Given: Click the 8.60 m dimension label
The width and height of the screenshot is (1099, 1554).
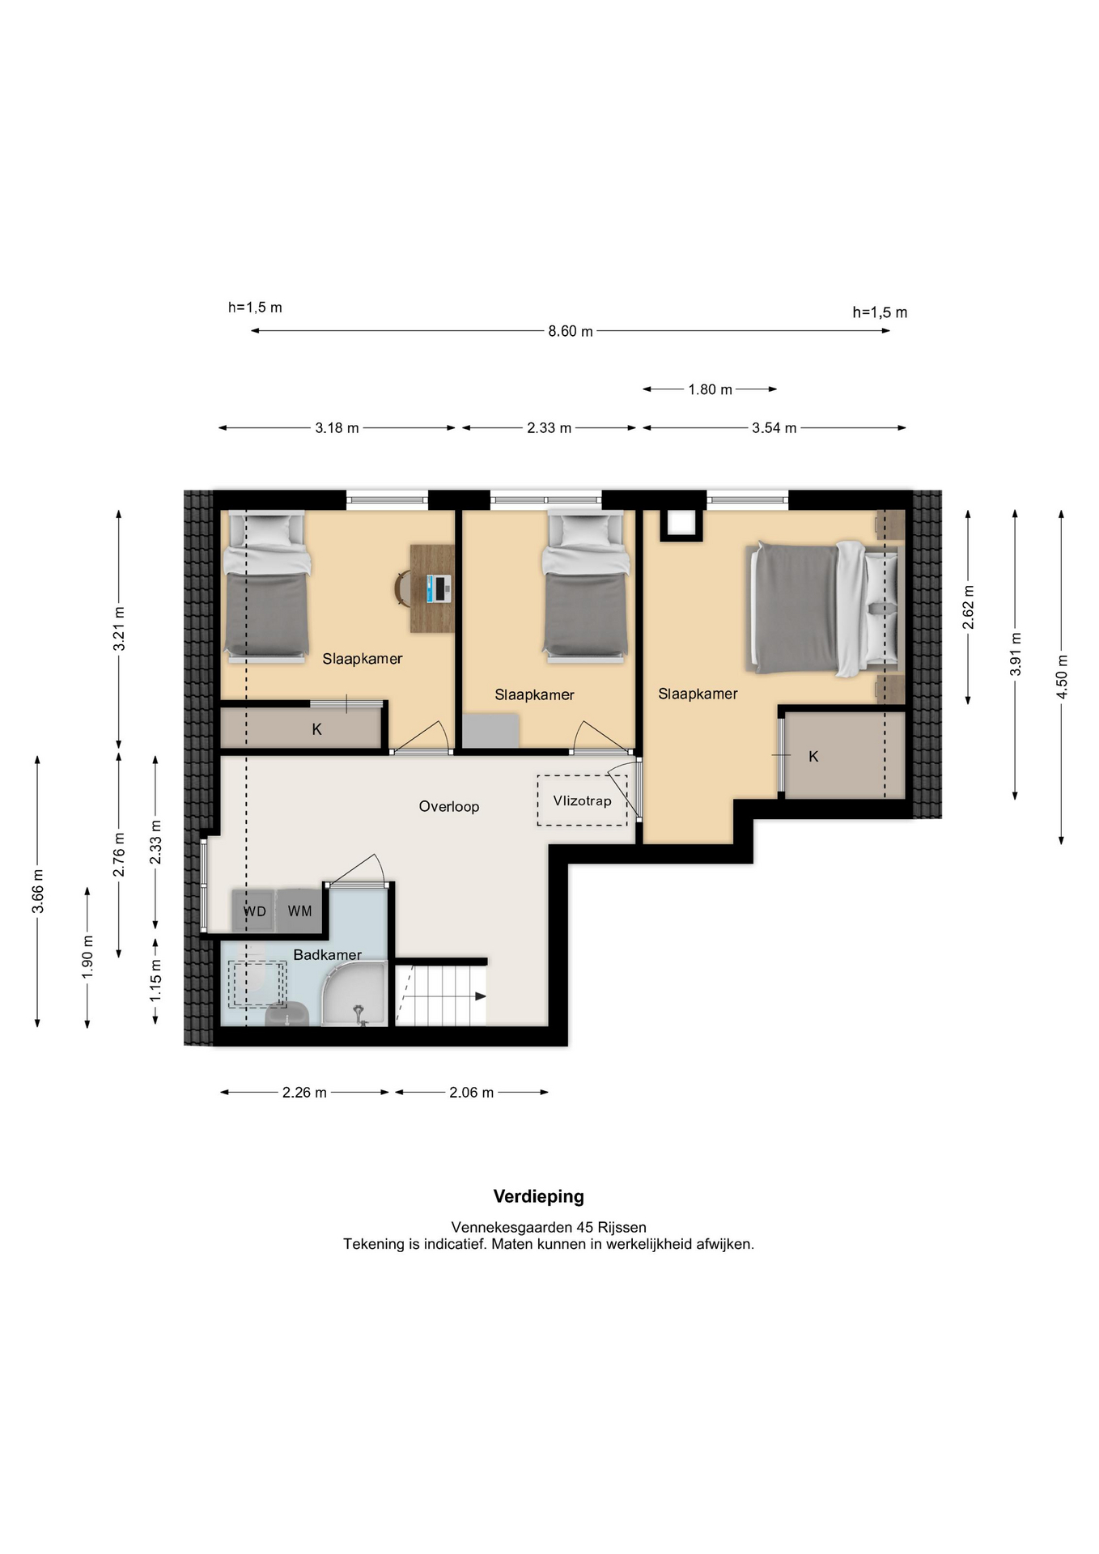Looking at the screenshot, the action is pyautogui.click(x=571, y=331).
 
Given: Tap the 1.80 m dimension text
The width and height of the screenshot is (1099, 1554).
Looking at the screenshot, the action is pyautogui.click(x=710, y=389).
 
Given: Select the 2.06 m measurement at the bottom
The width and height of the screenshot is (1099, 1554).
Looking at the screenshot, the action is pyautogui.click(x=471, y=1093).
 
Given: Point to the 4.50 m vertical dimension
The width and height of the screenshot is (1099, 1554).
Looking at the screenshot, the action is pyautogui.click(x=1062, y=677).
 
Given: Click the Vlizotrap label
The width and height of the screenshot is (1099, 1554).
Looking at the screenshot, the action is pyautogui.click(x=582, y=800).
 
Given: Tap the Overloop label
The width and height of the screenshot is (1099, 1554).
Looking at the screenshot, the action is pyautogui.click(x=448, y=806).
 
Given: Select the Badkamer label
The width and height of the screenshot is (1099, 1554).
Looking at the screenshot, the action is pyautogui.click(x=327, y=955).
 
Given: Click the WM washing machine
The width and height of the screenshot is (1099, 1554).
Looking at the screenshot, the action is pyautogui.click(x=299, y=911).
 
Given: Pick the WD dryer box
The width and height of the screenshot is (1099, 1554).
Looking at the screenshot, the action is pyautogui.click(x=254, y=911).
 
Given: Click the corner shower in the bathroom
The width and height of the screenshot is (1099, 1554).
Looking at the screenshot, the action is pyautogui.click(x=354, y=994).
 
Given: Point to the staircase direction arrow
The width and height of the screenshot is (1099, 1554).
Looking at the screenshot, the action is pyautogui.click(x=480, y=996).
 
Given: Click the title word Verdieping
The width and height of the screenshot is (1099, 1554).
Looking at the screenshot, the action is pyautogui.click(x=539, y=1196).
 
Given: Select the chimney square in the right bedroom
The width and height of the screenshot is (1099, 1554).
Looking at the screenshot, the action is pyautogui.click(x=681, y=524).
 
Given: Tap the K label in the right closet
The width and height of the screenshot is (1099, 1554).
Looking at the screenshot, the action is pyautogui.click(x=813, y=756).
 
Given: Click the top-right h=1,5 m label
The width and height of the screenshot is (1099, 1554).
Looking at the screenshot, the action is pyautogui.click(x=880, y=312).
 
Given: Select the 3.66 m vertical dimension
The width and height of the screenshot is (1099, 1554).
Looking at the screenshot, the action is pyautogui.click(x=37, y=891).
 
